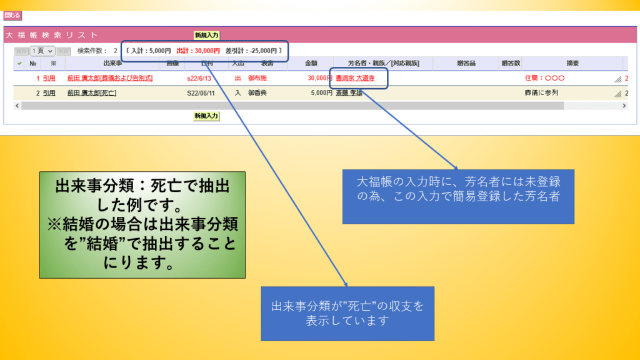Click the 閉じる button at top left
12,16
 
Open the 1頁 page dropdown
42,51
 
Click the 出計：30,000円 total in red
198,51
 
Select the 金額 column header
311,63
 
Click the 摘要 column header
572,63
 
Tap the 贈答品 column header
466,63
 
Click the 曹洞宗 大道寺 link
355,78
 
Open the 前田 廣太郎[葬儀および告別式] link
110,78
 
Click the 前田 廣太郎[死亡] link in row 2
92,92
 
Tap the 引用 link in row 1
49,78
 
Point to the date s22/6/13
199,78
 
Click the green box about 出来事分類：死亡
142,225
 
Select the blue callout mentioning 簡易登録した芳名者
458,196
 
